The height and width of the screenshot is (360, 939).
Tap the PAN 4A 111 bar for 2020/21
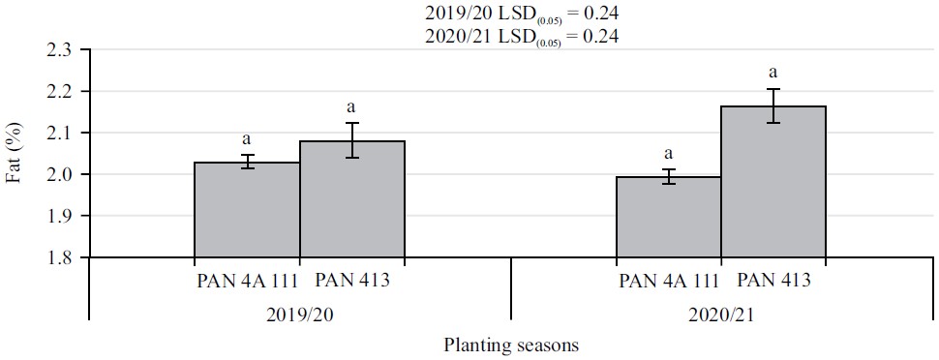[668, 218]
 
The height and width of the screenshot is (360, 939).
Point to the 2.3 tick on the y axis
[64, 49]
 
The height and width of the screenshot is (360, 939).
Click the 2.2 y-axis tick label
[64, 91]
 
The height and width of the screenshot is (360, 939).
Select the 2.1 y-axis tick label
[64, 133]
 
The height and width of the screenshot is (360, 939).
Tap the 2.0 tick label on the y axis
[64, 174]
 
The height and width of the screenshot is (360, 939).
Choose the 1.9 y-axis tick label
[64, 216]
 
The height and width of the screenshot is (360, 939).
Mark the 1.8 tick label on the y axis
[64, 257]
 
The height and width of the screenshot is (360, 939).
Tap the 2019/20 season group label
[300, 315]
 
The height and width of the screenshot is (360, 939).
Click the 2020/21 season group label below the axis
[720, 315]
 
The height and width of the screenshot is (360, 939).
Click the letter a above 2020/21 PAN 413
[772, 72]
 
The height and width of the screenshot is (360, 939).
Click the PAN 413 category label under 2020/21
[772, 282]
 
